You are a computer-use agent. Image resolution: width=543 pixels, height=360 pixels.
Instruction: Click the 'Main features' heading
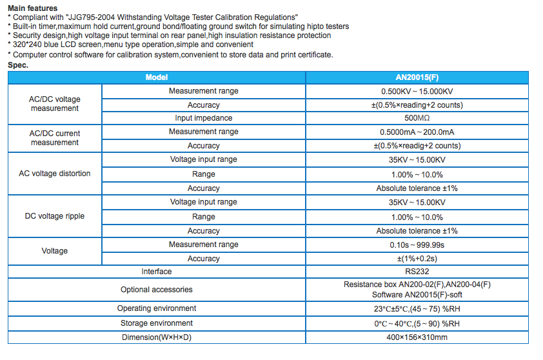click(x=32, y=8)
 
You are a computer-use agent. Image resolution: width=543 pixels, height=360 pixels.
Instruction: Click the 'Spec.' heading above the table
click(x=18, y=65)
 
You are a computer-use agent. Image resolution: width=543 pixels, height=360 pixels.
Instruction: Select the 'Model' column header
click(x=157, y=77)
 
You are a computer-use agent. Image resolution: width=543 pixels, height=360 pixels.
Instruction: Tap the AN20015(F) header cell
click(x=417, y=77)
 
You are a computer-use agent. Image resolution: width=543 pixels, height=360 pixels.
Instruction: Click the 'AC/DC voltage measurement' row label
click(x=55, y=104)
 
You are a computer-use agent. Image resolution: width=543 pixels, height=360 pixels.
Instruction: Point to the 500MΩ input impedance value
click(x=417, y=118)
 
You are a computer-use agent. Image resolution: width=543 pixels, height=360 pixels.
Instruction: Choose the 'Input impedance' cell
click(x=204, y=118)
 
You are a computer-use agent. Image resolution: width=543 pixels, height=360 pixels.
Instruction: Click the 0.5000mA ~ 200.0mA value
click(x=417, y=132)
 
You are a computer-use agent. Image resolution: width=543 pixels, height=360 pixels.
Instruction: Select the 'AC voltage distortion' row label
click(x=55, y=174)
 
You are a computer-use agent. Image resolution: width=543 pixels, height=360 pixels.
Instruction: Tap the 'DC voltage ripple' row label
click(x=55, y=216)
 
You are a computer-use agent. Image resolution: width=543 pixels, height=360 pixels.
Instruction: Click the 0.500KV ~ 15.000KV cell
click(x=417, y=92)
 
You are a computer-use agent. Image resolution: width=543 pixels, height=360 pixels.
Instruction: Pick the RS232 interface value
click(x=417, y=272)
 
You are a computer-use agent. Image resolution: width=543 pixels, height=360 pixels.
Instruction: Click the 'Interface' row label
click(x=157, y=272)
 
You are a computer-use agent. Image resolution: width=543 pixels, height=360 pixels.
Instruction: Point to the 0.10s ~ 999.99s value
click(x=417, y=245)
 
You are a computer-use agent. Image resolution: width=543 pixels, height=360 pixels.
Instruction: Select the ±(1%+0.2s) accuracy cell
click(x=417, y=259)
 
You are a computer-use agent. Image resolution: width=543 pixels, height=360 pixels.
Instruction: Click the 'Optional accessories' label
click(x=157, y=289)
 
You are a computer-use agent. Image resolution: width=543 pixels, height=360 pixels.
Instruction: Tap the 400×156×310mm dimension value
click(x=417, y=337)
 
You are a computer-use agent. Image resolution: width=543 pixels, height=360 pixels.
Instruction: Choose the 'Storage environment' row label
click(x=157, y=323)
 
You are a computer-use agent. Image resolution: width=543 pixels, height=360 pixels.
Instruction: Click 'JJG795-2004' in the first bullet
click(x=92, y=17)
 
